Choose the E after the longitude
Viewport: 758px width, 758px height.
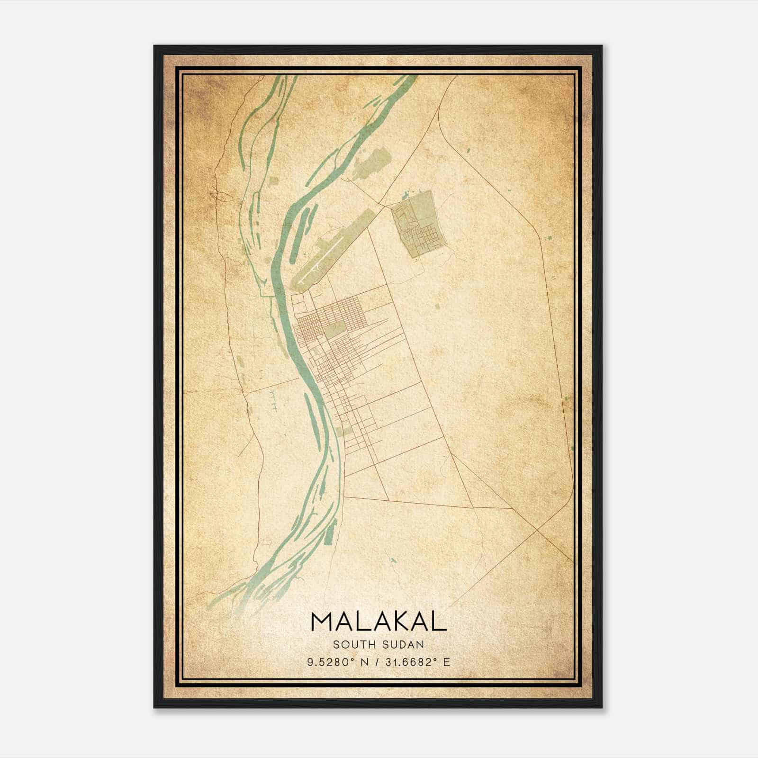(x=446, y=662)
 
